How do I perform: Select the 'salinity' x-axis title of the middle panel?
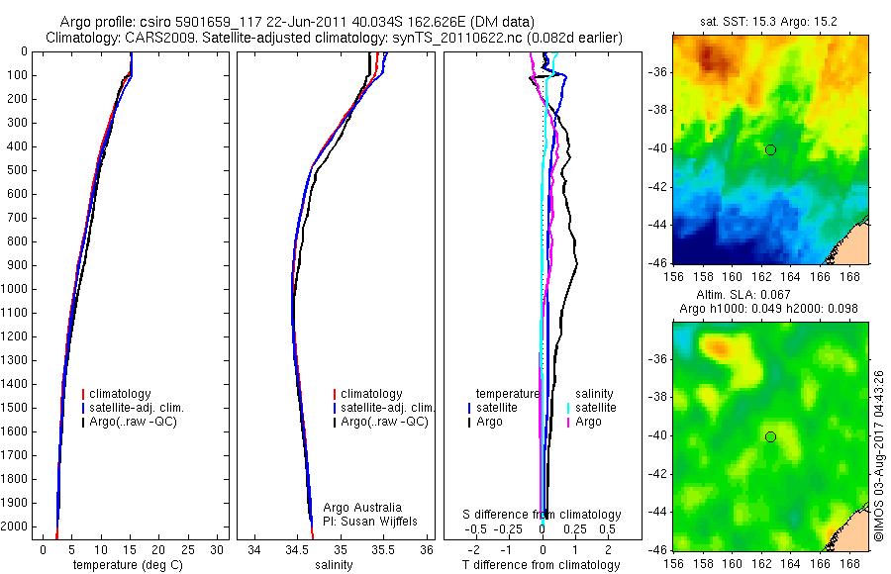pos(333,566)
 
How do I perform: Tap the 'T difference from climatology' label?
pos(543,566)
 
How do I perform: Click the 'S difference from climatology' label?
pos(543,515)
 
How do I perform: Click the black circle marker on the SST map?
pos(770,149)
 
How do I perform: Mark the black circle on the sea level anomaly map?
pos(770,436)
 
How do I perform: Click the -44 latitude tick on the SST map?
pos(655,225)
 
